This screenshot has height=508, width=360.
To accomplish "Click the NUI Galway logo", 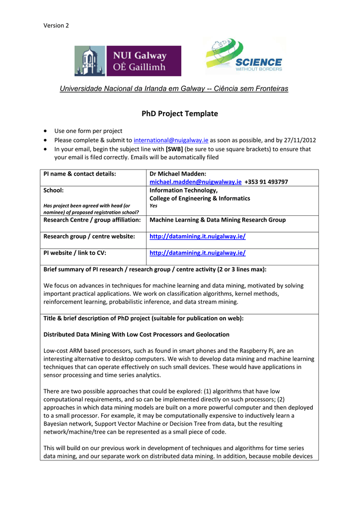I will [x=128, y=61].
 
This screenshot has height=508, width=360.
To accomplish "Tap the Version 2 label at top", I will [x=56, y=25].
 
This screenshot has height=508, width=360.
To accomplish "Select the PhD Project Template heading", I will [x=180, y=114].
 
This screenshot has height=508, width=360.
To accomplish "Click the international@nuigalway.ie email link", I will [x=171, y=140].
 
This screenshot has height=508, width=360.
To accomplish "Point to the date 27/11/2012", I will [x=299, y=140].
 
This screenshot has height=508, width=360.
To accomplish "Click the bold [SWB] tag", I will [x=174, y=149].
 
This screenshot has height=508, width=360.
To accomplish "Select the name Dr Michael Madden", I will [x=177, y=174].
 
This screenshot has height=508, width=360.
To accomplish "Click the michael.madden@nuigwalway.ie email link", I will [x=195, y=182].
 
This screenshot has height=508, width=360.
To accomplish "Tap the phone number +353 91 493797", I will [x=266, y=182].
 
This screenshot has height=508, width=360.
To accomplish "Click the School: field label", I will [x=54, y=190].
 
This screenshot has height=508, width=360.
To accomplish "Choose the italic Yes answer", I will [x=153, y=205].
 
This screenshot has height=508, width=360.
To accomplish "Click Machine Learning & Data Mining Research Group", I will [x=217, y=220].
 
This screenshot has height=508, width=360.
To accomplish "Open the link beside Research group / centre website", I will [x=198, y=237].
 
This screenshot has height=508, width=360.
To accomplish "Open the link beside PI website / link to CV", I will [x=198, y=253].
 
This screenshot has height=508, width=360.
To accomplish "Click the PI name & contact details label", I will [x=79, y=174].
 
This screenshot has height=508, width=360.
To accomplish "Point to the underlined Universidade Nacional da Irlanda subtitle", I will [x=174, y=89].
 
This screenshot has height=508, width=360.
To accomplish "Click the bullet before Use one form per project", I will [x=46, y=131].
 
